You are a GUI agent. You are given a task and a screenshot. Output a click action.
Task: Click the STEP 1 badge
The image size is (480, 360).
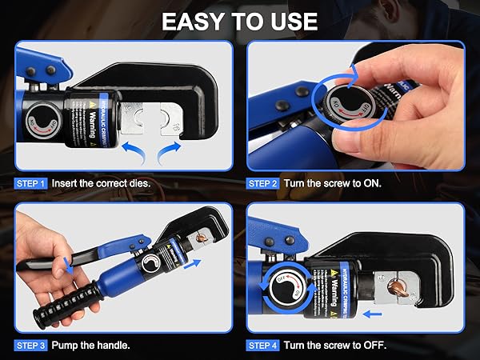(31, 183)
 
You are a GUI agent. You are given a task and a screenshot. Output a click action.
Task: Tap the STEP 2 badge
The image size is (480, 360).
(263, 183)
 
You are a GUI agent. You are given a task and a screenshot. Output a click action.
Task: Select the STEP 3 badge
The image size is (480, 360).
(31, 346)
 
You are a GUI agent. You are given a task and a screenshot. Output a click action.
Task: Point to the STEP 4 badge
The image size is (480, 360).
(263, 346)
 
